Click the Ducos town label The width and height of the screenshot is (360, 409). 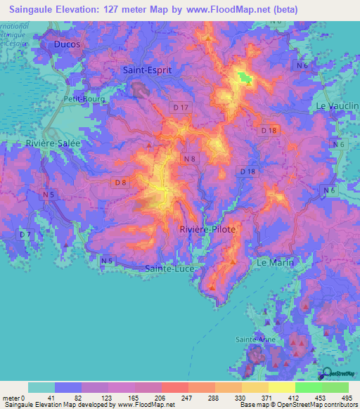(x=67, y=44)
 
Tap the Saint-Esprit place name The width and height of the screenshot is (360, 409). (x=147, y=70)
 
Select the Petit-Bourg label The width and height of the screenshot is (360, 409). (x=84, y=99)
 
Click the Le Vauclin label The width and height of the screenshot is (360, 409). (x=337, y=105)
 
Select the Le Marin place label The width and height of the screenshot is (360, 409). (x=274, y=262)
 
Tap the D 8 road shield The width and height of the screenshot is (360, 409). (x=120, y=183)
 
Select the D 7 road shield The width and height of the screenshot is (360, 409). (x=25, y=233)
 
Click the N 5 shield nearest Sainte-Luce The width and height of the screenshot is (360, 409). (x=107, y=261)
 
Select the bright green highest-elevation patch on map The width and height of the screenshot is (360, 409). (x=245, y=77)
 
